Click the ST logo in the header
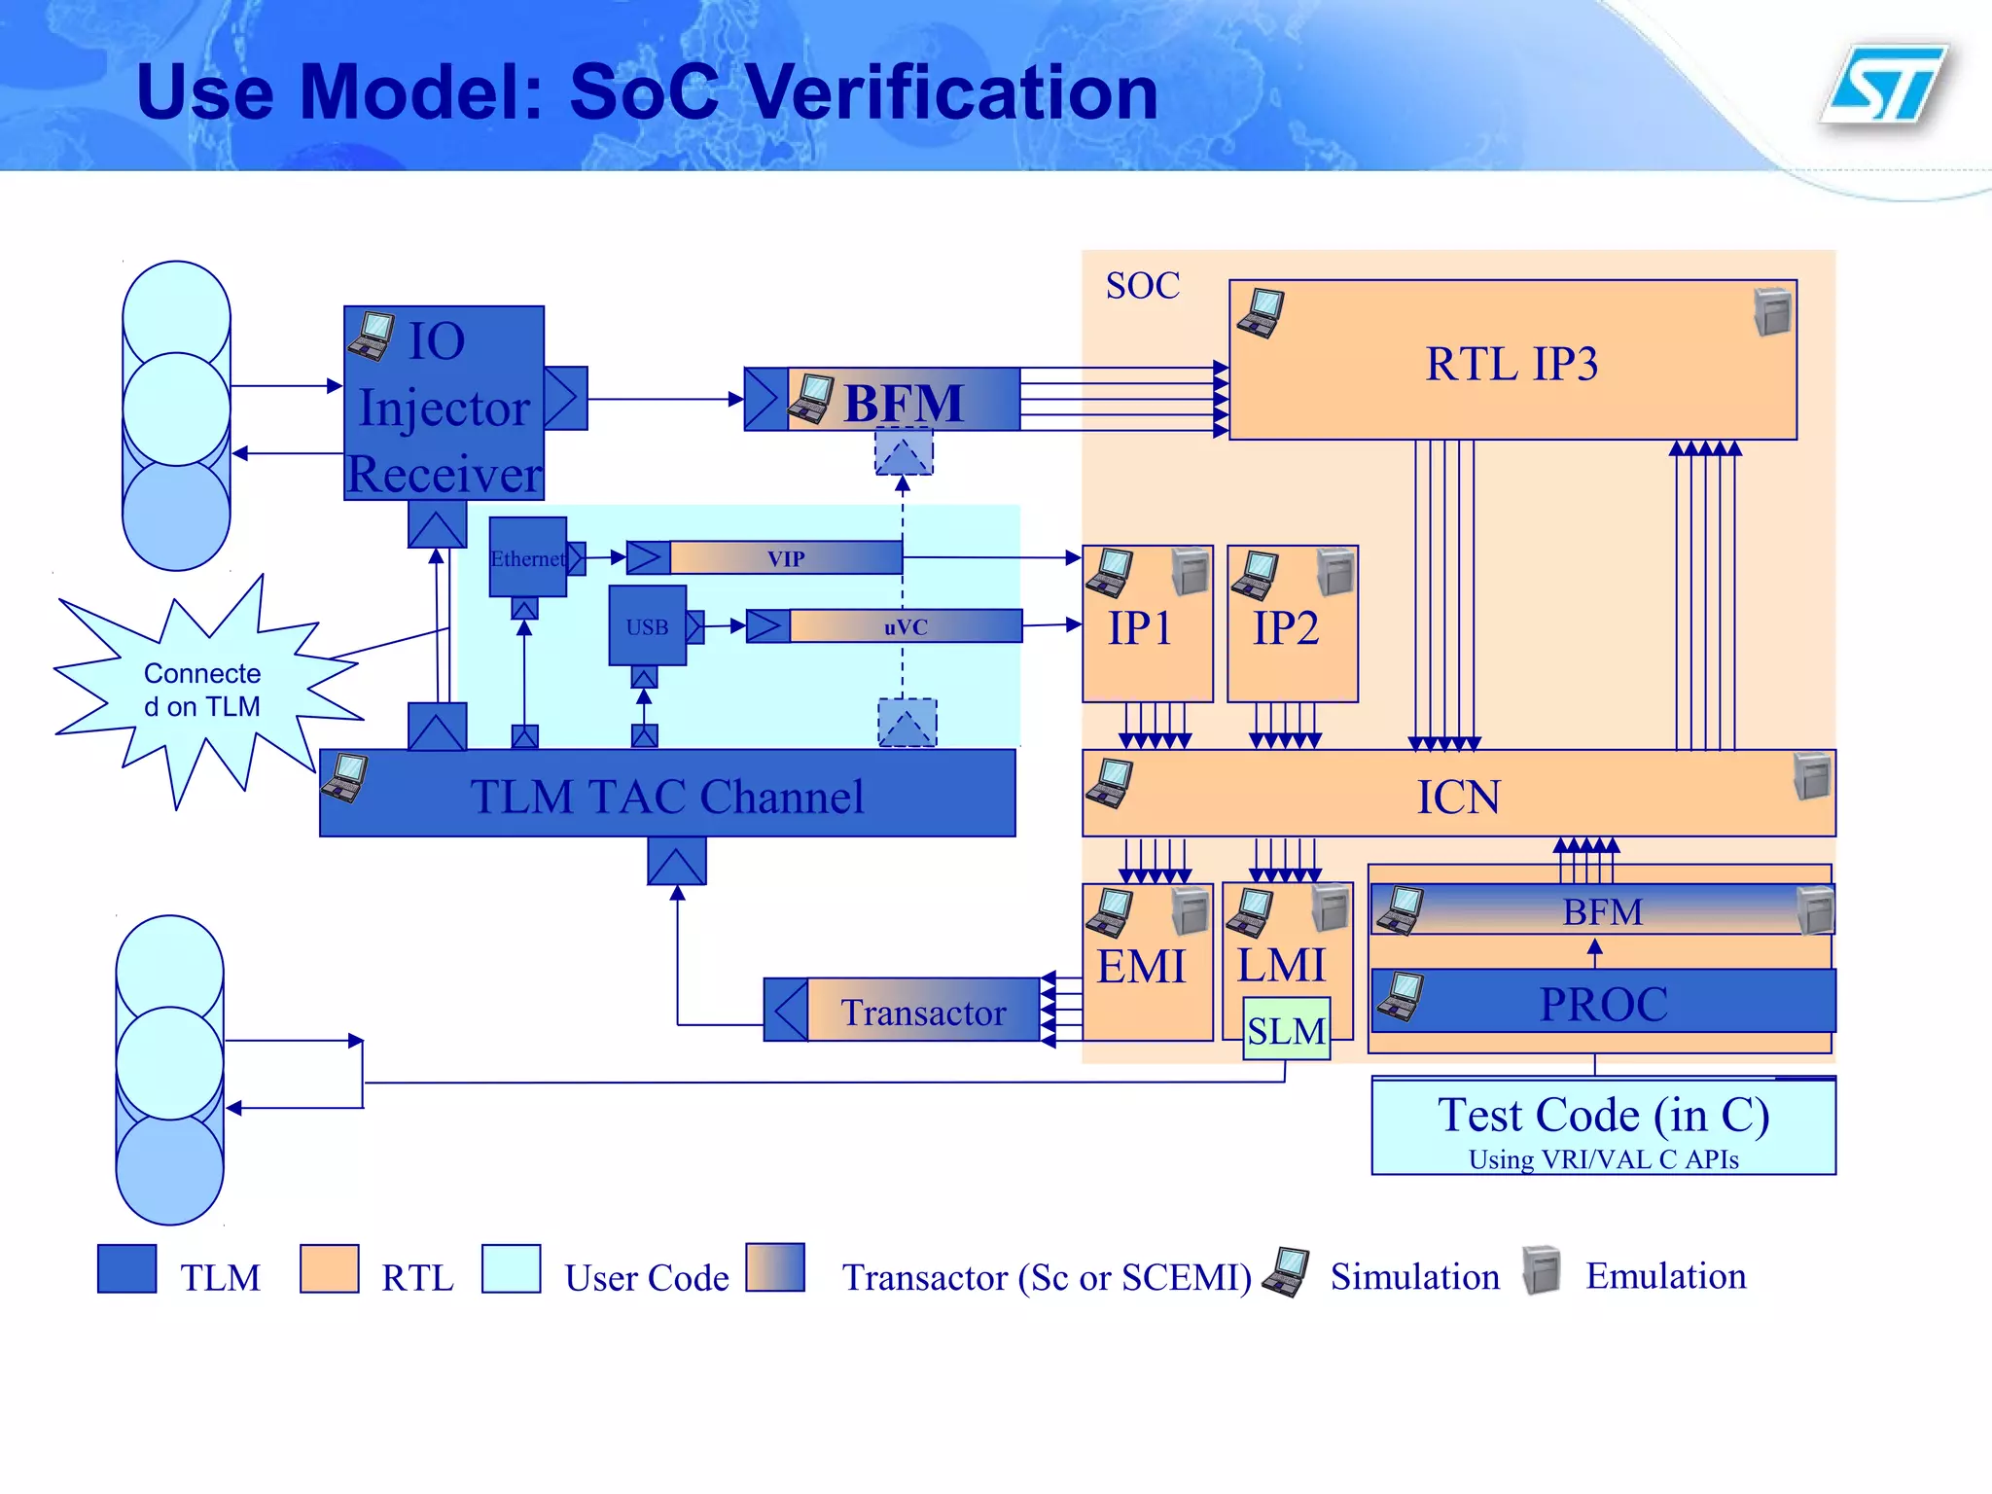(1884, 86)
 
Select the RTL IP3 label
(1512, 365)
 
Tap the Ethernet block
(527, 557)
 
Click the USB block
(647, 626)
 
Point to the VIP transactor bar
(786, 558)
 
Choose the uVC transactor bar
(905, 626)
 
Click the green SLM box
(1286, 1030)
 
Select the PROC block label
(1603, 1003)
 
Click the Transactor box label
(922, 1012)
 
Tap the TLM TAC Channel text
(667, 796)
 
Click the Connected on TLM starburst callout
(202, 690)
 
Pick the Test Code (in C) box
(1603, 1125)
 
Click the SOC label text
(1142, 286)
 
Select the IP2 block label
(1286, 628)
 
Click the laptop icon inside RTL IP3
(1261, 313)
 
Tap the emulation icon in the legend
(1541, 1270)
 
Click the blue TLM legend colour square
(126, 1268)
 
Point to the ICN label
(1457, 798)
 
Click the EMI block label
(1141, 967)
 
